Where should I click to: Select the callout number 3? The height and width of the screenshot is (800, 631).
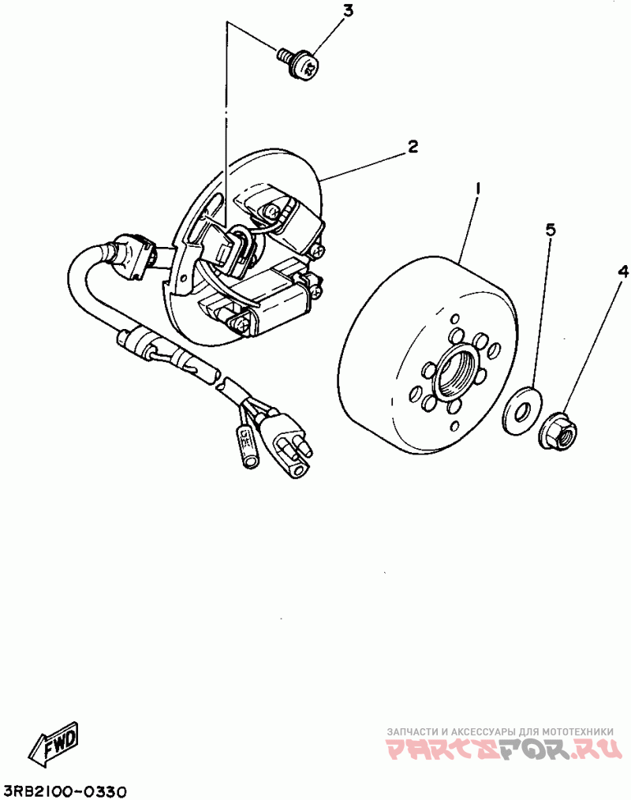pos(348,11)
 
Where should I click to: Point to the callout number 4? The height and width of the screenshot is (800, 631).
pos(622,271)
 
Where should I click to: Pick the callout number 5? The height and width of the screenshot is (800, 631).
pos(551,230)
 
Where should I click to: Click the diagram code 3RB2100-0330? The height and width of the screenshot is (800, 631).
pos(65,790)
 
